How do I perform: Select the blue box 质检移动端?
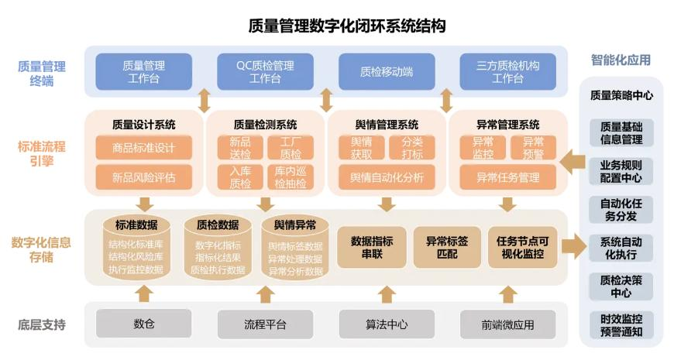coord(386,72)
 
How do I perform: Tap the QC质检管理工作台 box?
coord(265,72)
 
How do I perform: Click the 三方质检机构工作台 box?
coord(507,72)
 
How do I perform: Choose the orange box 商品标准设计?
coord(143,148)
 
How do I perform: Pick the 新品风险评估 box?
coord(143,177)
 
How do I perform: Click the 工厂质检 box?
coord(290,148)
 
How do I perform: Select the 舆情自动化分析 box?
coord(387,177)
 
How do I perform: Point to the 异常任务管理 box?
coord(507,177)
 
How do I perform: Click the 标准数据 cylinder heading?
coord(136,225)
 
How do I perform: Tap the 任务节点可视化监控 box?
coord(522,247)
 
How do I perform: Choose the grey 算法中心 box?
coord(386,324)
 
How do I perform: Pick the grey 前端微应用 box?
coord(507,324)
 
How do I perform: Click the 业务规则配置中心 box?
coord(621,172)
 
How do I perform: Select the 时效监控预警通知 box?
coord(621,325)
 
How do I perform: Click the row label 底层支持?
coord(41,324)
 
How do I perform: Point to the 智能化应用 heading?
coord(621,60)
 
